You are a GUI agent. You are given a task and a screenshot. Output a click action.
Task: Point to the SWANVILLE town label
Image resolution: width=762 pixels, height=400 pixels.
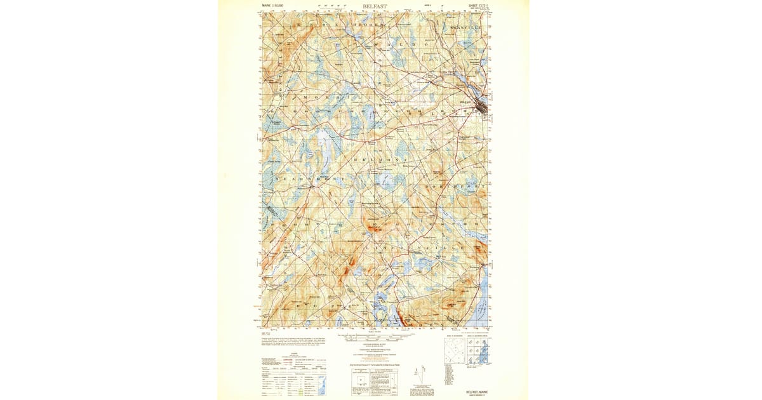(466, 29)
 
